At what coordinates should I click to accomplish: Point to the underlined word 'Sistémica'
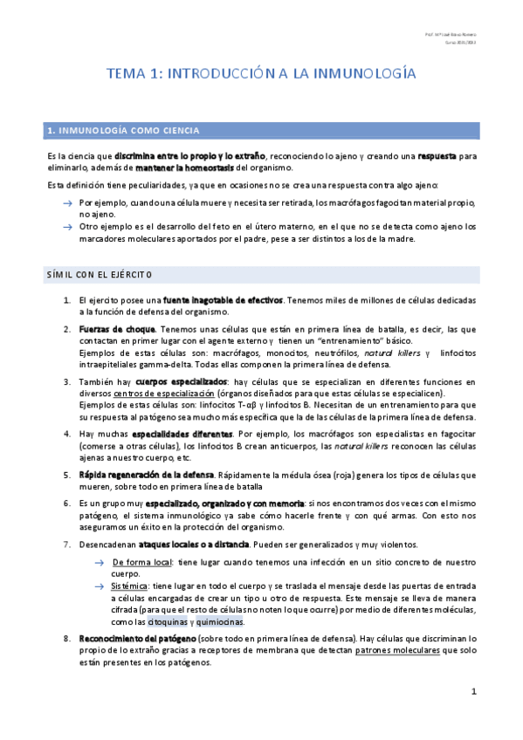pyautogui.click(x=130, y=586)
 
